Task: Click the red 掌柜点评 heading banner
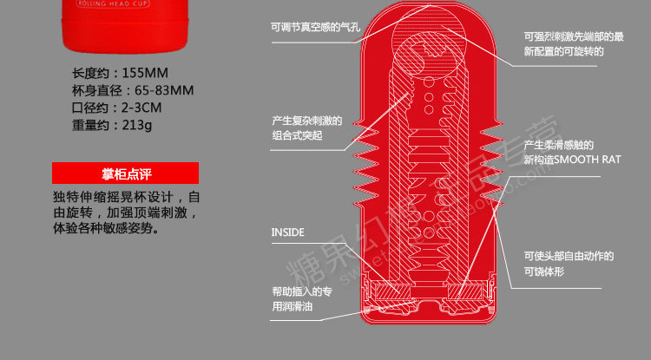point(126,173)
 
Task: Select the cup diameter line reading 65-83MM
point(133,90)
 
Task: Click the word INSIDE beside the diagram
point(288,232)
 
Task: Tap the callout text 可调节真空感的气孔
point(314,26)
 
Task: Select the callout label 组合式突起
point(297,136)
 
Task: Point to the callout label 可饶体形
point(547,272)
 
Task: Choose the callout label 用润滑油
point(295,306)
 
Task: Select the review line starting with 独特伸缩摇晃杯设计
point(127,197)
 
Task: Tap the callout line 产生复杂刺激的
point(307,121)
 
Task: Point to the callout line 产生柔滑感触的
point(558,144)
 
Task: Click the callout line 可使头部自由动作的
point(569,256)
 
